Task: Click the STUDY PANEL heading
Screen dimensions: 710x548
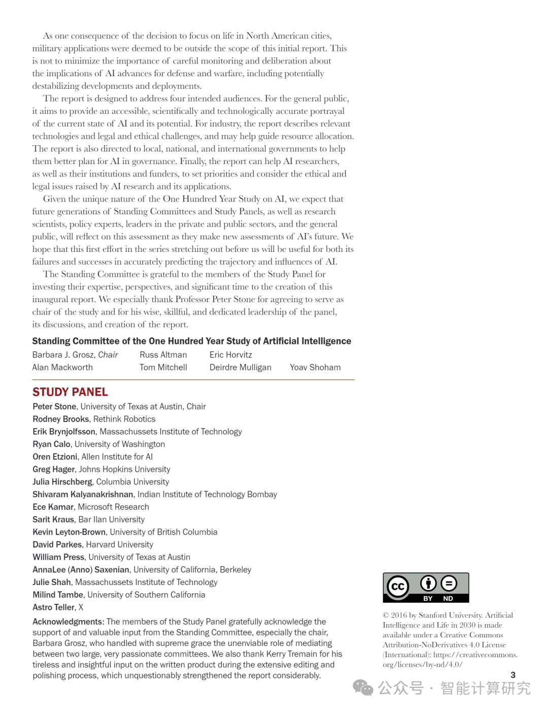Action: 70,392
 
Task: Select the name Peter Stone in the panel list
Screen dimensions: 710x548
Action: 54,406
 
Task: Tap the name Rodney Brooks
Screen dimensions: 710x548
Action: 60,419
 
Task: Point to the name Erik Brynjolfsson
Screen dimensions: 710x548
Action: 64,432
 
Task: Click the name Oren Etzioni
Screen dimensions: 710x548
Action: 55,457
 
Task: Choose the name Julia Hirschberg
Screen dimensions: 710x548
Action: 62,481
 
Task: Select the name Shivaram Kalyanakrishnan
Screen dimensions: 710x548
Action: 83,494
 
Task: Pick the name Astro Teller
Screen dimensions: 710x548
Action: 53,607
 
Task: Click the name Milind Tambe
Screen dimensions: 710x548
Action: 58,595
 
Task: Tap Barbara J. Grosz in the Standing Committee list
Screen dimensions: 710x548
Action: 63,354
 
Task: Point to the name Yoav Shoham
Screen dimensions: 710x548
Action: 315,367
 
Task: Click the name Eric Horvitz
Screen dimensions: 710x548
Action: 230,354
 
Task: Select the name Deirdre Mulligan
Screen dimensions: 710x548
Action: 240,367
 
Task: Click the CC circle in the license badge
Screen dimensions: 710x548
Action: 398,587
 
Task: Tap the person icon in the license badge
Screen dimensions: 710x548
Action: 428,584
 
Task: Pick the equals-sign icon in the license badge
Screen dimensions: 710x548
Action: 449,584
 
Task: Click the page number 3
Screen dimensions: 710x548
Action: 513,675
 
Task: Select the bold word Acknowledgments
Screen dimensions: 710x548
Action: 67,622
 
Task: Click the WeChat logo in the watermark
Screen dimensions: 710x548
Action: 363,688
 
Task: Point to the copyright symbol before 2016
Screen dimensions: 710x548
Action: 386,616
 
